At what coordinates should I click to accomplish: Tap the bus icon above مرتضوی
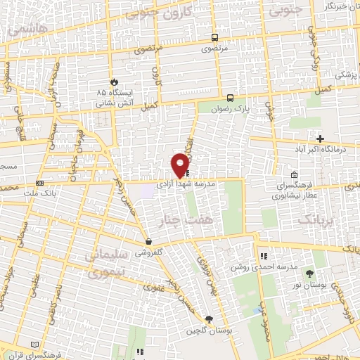click(x=214, y=37)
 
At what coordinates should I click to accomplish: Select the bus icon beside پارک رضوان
click(x=231, y=98)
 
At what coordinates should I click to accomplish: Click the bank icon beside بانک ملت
click(x=39, y=184)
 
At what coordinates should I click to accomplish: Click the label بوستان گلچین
click(x=210, y=330)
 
